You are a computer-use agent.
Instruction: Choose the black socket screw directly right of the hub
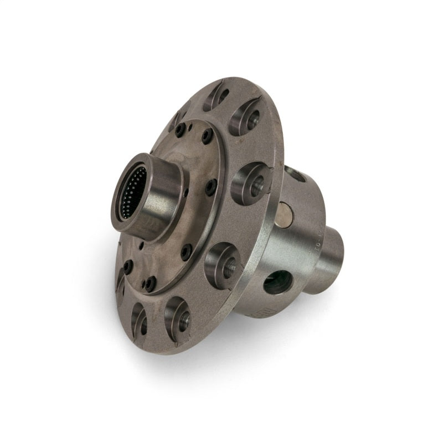tap(211, 187)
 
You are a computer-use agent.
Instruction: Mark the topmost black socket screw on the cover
tap(180, 130)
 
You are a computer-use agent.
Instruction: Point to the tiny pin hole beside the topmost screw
tap(190, 127)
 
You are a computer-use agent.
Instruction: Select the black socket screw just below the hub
tap(187, 252)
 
